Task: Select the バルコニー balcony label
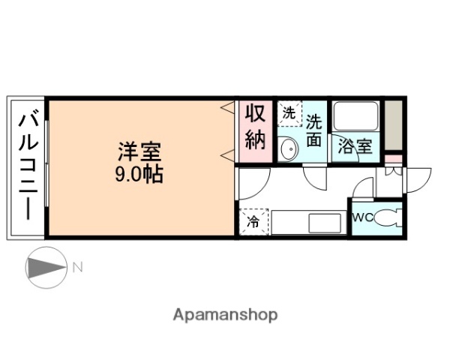pyautogui.click(x=28, y=166)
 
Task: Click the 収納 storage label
pyautogui.click(x=255, y=127)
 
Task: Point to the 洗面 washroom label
pyautogui.click(x=314, y=128)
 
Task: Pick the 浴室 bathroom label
pyautogui.click(x=355, y=146)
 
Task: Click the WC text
pyautogui.click(x=362, y=217)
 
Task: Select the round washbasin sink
pyautogui.click(x=289, y=149)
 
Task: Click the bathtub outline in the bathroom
pyautogui.click(x=355, y=118)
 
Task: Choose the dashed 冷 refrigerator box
pyautogui.click(x=253, y=222)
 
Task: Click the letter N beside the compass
pyautogui.click(x=76, y=266)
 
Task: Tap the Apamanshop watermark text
pyautogui.click(x=225, y=315)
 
